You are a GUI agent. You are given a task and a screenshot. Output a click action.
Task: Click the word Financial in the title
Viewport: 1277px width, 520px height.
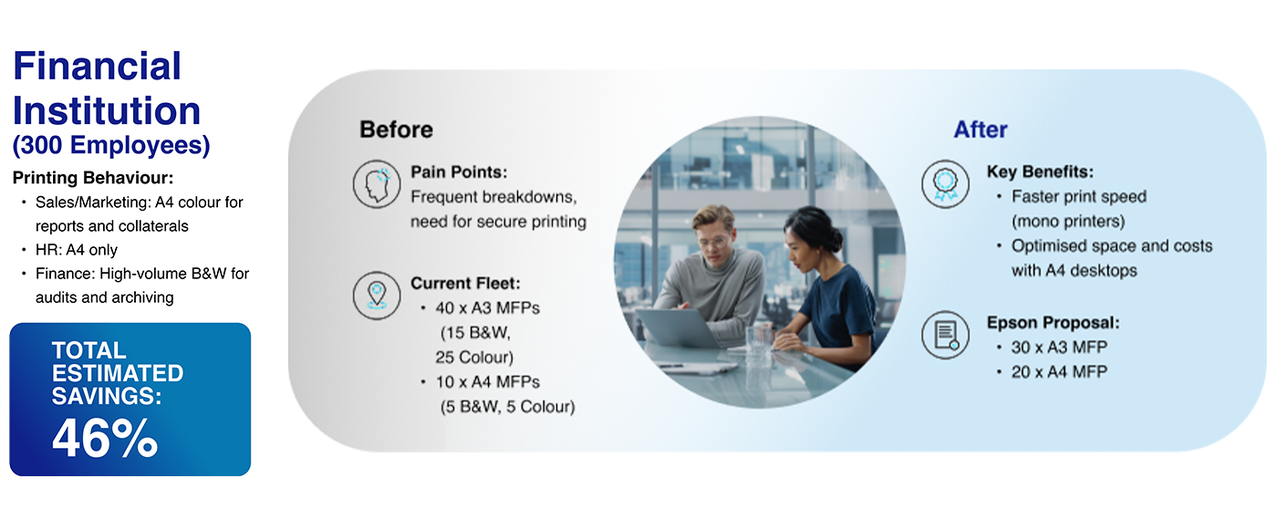97,66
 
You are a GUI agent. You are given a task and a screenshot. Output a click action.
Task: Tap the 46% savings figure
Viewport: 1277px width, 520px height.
105,438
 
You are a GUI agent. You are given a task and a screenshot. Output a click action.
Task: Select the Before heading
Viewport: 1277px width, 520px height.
396,130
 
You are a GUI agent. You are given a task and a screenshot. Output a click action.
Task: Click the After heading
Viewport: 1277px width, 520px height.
981,130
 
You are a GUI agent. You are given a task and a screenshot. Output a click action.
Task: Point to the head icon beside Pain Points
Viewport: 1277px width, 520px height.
376,183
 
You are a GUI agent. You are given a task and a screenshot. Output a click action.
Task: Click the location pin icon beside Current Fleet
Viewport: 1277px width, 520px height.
376,296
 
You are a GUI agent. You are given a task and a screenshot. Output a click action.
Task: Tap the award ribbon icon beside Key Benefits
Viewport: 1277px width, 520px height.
945,183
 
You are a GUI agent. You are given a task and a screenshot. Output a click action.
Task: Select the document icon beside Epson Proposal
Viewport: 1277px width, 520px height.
945,335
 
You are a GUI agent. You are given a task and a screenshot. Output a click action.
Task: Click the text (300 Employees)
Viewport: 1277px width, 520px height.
111,145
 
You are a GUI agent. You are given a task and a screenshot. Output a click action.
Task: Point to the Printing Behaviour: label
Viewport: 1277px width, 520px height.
93,178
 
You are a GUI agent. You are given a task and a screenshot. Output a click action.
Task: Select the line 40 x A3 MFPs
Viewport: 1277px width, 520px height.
487,308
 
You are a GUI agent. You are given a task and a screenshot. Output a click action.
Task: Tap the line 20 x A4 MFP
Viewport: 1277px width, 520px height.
1059,372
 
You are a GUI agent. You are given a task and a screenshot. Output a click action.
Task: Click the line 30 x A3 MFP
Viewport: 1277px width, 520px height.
1059,348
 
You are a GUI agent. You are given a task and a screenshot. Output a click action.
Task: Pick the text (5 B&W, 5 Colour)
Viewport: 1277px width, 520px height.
507,407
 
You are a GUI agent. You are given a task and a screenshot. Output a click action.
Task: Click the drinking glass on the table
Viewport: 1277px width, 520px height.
758,341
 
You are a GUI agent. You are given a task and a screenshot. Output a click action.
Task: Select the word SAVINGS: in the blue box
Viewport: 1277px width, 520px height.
107,396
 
